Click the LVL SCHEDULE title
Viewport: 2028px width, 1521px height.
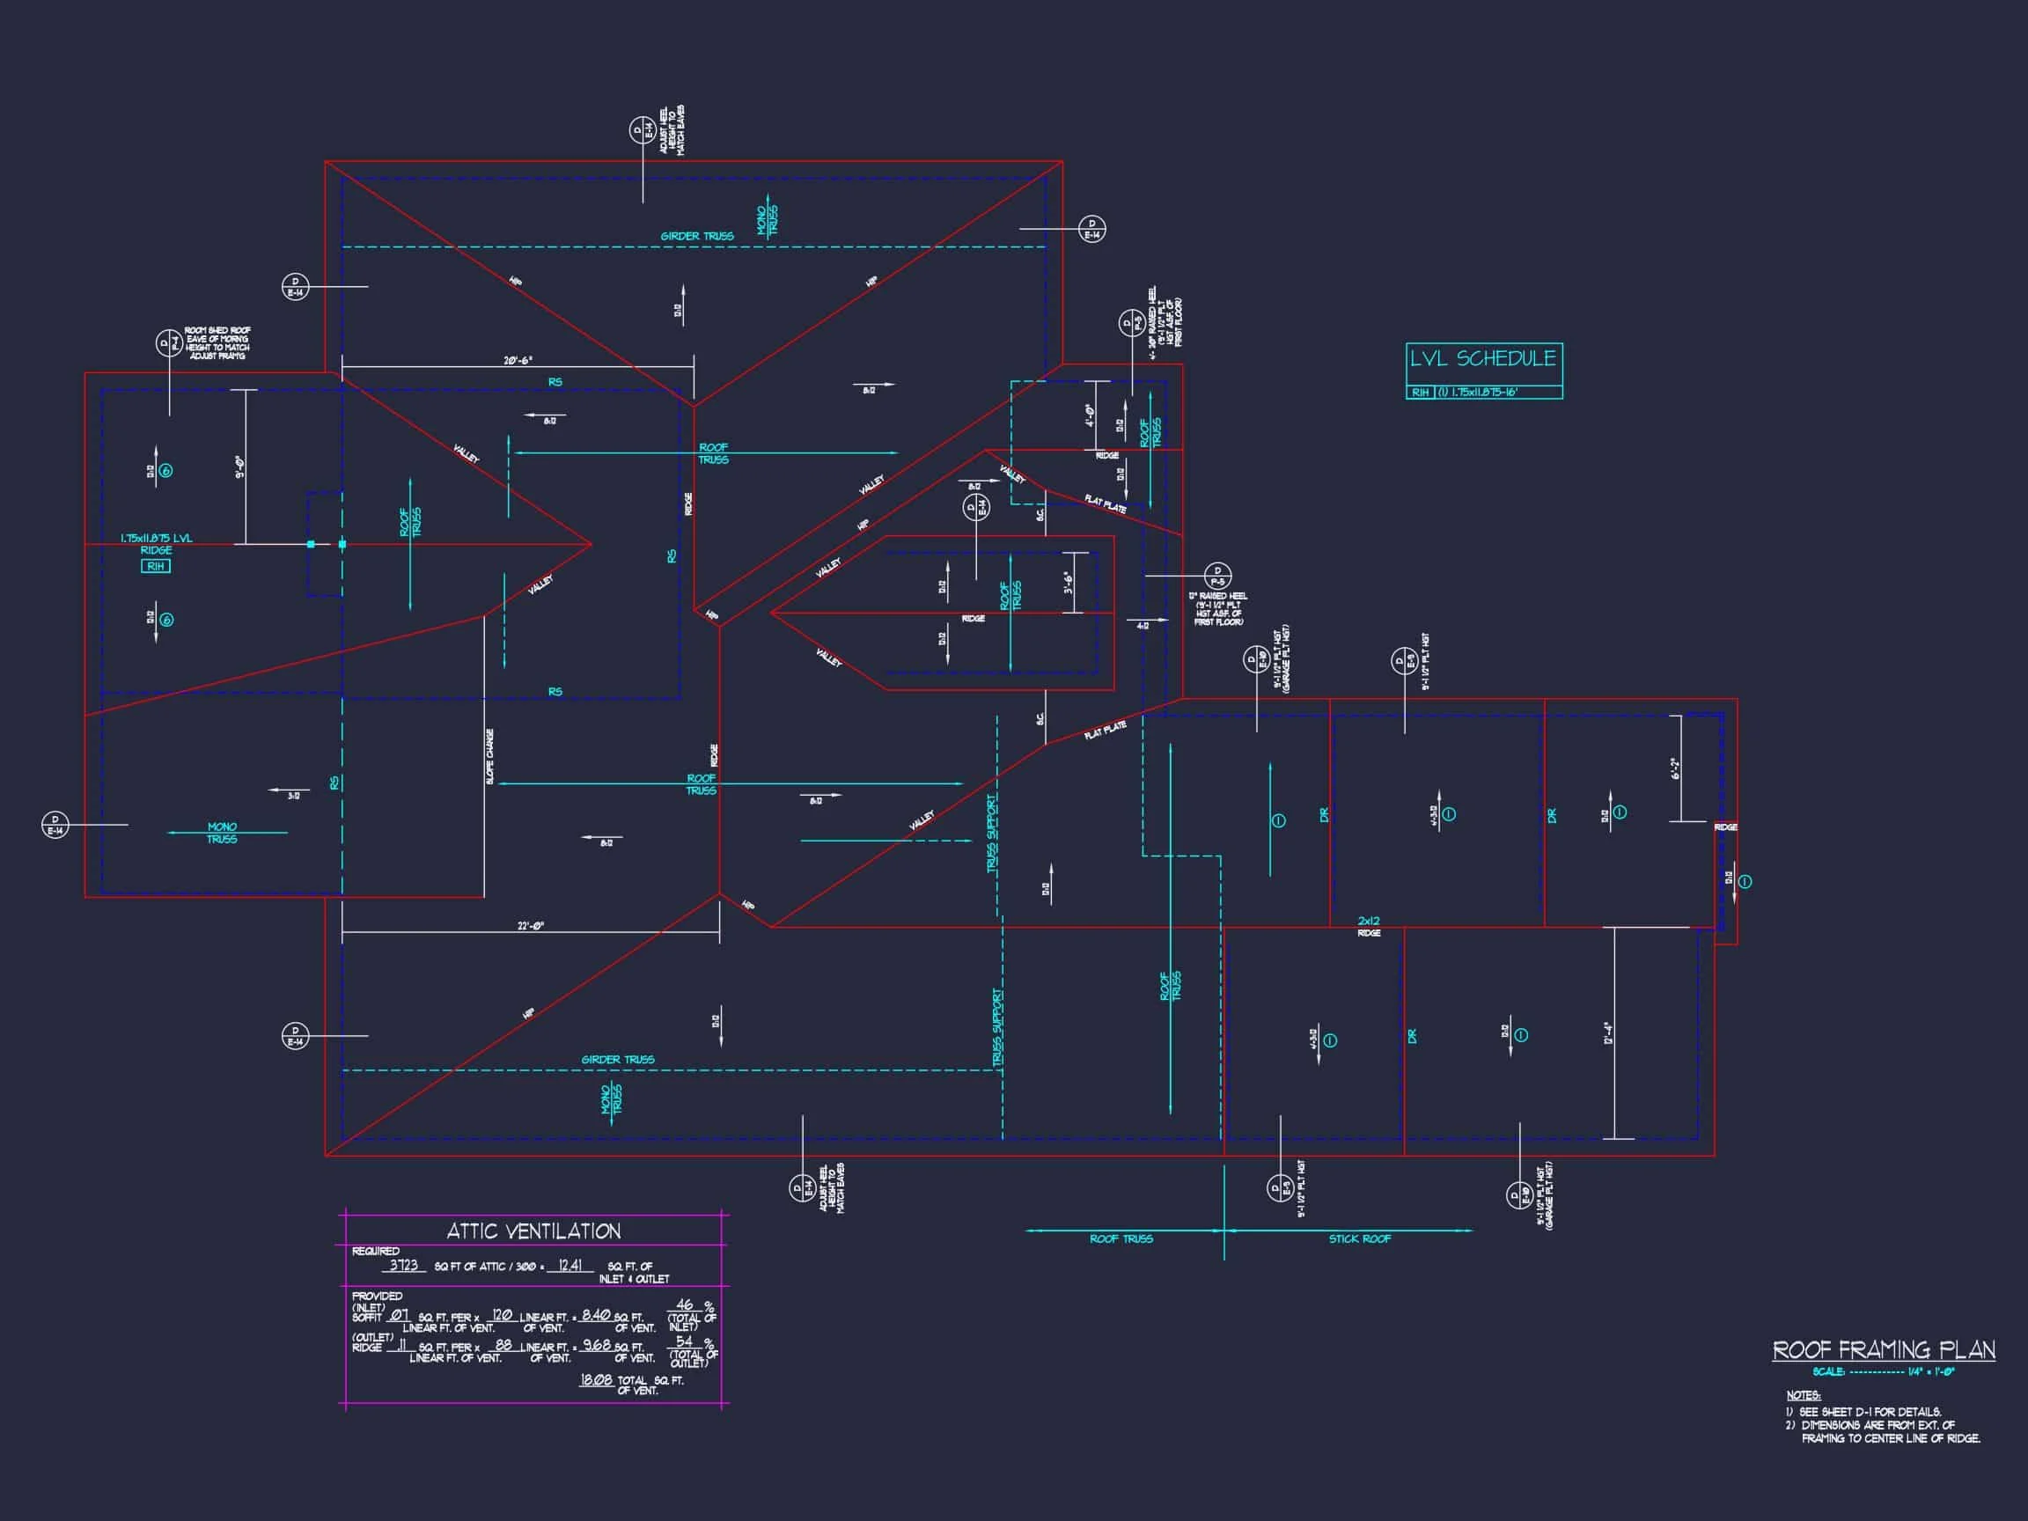tap(1482, 358)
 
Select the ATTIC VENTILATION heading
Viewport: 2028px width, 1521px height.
tap(533, 1231)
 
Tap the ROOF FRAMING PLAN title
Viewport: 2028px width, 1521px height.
tap(1883, 1349)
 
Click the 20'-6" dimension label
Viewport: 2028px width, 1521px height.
tap(518, 360)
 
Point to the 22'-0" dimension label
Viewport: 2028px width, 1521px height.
tap(531, 926)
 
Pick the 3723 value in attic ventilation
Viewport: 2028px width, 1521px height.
tap(403, 1265)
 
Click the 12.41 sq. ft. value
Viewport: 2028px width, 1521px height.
tap(570, 1265)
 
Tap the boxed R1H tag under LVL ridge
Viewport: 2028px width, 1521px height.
tap(156, 567)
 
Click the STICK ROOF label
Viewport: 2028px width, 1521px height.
tap(1360, 1238)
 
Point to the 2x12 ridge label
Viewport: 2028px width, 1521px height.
tap(1369, 921)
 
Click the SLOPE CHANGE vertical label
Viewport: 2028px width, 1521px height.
tap(490, 756)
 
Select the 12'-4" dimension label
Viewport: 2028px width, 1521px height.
tap(1608, 1033)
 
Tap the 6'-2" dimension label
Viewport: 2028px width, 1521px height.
tap(1674, 768)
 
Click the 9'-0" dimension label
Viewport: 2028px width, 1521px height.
tap(239, 467)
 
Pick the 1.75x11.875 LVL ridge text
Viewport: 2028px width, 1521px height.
tap(157, 538)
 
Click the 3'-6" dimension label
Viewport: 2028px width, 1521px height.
tap(1068, 582)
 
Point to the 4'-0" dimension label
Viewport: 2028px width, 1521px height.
tap(1090, 415)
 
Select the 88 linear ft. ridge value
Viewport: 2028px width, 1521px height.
tap(503, 1345)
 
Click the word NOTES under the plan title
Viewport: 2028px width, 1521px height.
tap(1803, 1395)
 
